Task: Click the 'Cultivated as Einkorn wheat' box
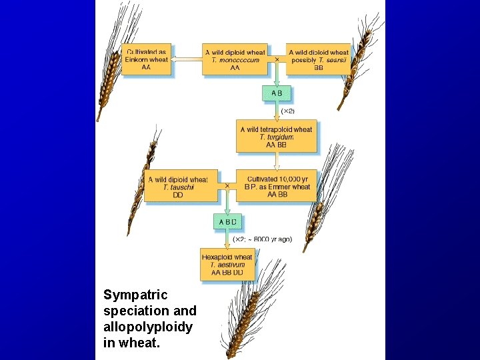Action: tap(146, 59)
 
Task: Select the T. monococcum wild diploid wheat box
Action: tap(235, 59)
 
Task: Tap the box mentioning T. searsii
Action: tap(319, 59)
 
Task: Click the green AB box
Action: tap(276, 93)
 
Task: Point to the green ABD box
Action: tap(227, 221)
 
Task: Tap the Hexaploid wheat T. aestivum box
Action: tap(227, 265)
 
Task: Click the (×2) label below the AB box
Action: tap(287, 111)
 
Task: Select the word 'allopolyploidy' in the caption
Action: tap(148, 327)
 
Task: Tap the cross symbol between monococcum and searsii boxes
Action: tap(277, 59)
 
